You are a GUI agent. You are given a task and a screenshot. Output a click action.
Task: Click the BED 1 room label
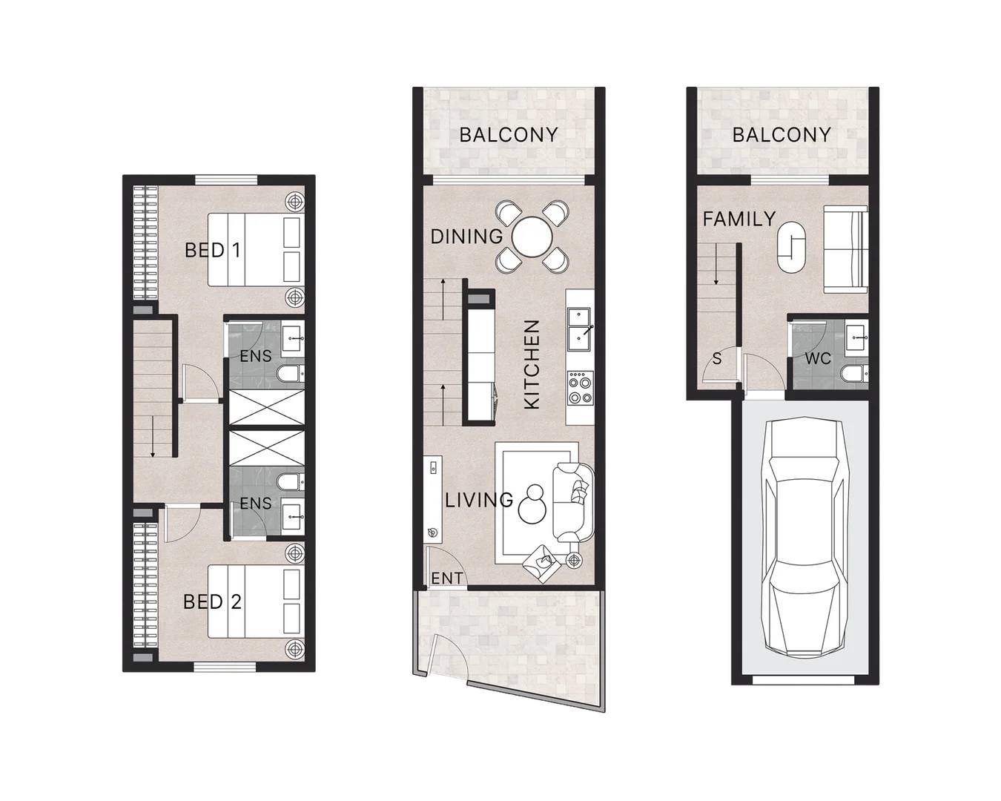[212, 250]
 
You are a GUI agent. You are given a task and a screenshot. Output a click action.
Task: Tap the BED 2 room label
[212, 601]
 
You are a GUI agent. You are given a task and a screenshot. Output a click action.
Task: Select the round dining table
[532, 237]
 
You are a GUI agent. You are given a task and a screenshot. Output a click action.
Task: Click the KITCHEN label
[532, 364]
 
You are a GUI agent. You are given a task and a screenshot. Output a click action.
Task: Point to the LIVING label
[479, 500]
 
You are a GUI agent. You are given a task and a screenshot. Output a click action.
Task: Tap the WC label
[818, 359]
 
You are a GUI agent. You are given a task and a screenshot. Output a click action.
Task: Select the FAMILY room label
[739, 219]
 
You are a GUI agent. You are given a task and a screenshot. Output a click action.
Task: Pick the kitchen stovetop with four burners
[579, 391]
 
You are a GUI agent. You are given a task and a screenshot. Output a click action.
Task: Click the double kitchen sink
[579, 329]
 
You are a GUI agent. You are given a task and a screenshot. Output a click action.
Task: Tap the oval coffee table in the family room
[791, 246]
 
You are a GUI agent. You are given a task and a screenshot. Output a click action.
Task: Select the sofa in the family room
[846, 249]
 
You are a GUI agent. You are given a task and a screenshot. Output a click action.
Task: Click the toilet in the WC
[852, 372]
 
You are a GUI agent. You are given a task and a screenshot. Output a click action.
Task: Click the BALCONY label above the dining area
[508, 135]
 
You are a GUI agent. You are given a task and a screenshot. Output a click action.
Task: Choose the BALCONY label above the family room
[782, 135]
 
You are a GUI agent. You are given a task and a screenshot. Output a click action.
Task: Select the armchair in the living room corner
[541, 565]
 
